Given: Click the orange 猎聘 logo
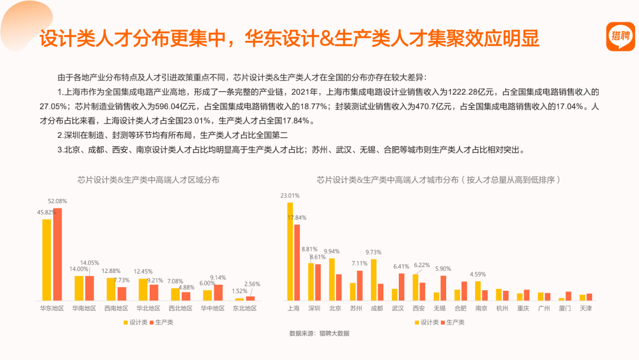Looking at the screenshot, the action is tap(620, 36).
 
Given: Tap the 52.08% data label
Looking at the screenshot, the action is tap(57, 201).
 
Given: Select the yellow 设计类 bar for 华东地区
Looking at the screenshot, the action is tap(47, 260).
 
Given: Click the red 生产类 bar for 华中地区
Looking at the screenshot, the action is tap(218, 292).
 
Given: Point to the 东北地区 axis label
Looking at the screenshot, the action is tap(244, 308).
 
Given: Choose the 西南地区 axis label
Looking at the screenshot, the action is tap(116, 308).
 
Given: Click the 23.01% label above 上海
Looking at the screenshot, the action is tap(290, 196).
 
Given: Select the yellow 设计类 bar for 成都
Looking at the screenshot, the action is tap(374, 280).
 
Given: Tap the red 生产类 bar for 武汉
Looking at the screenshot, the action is tap(401, 287).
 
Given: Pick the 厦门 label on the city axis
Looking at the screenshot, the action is tap(565, 308).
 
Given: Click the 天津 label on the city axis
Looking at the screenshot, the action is tap(586, 308).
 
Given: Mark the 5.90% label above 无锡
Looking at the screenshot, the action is tap(443, 269).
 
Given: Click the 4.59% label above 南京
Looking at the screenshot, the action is tap(477, 274).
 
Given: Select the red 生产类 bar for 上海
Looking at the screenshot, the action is tap(297, 262).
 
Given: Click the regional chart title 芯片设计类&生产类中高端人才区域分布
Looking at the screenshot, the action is tap(149, 180).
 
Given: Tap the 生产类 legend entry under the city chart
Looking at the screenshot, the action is tap(453, 323).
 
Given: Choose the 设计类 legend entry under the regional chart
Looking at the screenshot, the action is tap(135, 323).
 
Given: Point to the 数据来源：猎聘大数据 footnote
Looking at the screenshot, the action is tap(319, 333).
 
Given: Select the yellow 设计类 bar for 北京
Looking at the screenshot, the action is tap(332, 279).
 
